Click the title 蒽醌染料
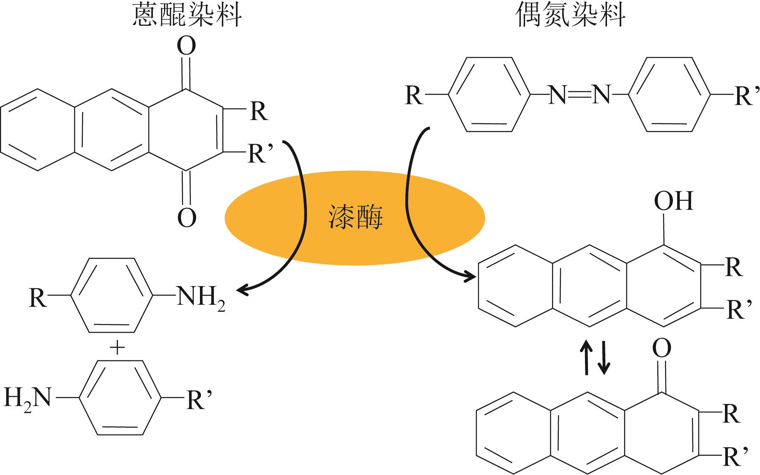(x=187, y=16)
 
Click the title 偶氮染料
(x=571, y=16)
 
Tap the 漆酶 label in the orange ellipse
(x=355, y=218)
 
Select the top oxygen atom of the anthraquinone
(x=186, y=46)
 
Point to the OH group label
(x=674, y=201)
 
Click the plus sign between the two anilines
(x=117, y=348)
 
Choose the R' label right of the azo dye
(x=744, y=96)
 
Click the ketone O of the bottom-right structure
(x=662, y=349)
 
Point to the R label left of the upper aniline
(x=38, y=298)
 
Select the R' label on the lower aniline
(x=198, y=399)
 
